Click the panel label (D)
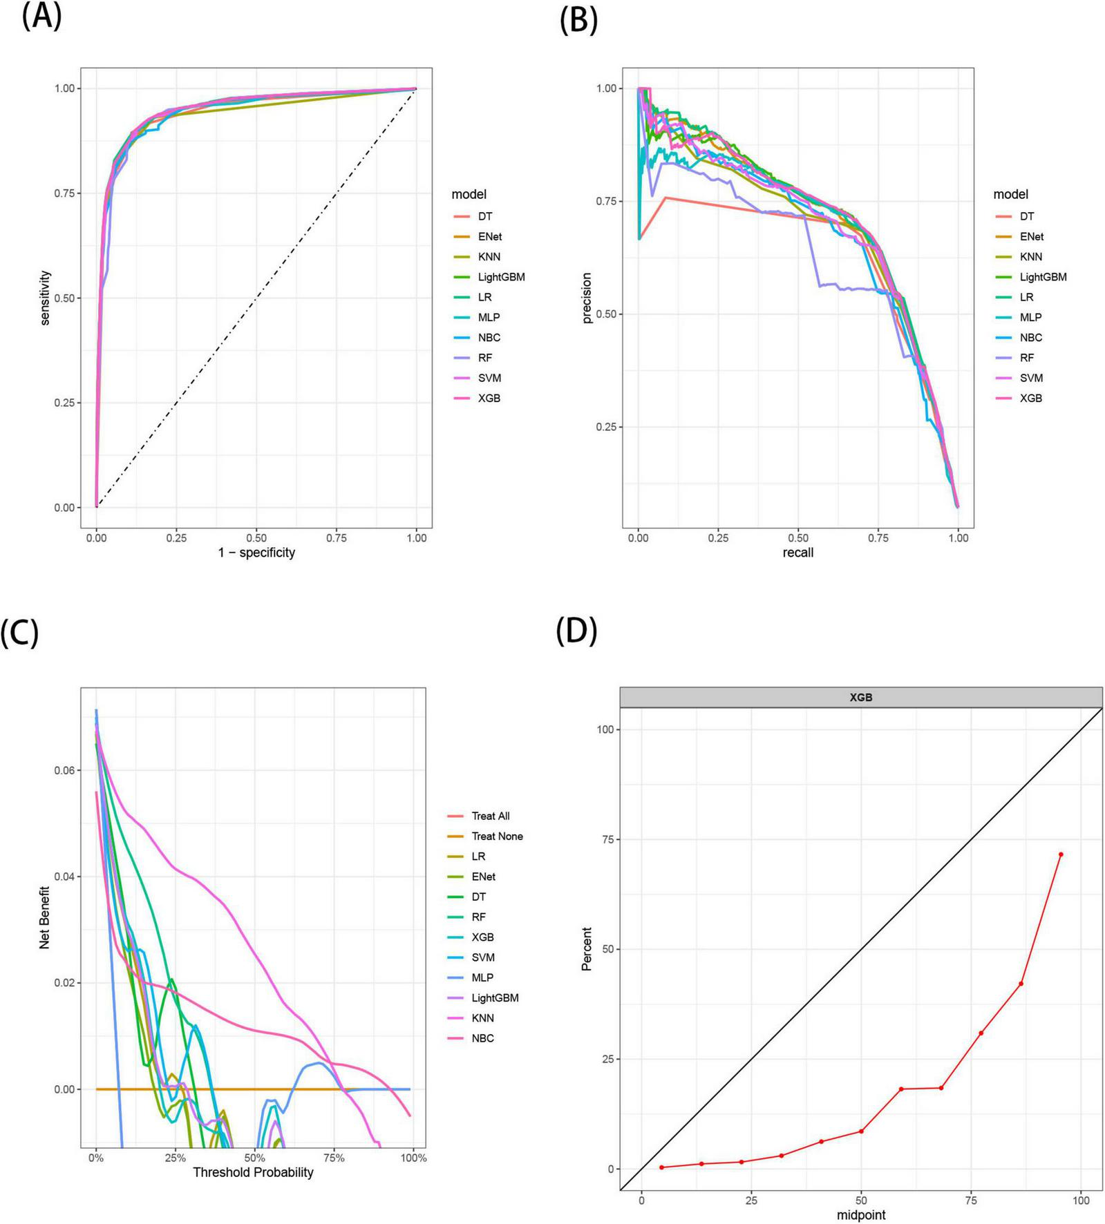point(577,631)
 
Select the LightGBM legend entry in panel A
point(501,277)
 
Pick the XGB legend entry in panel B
point(1030,399)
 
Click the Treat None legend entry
point(497,836)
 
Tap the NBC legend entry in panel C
point(482,1039)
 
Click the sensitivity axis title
point(46,298)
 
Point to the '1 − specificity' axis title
point(256,553)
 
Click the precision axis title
point(587,298)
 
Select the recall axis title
point(798,553)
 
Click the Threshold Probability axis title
point(253,1172)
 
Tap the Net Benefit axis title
point(45,917)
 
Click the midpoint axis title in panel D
point(861,1214)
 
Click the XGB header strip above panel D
point(861,698)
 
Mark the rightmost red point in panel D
point(1061,854)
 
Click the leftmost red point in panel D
point(661,1167)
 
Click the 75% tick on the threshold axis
point(334,1158)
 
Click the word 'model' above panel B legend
point(1010,195)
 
